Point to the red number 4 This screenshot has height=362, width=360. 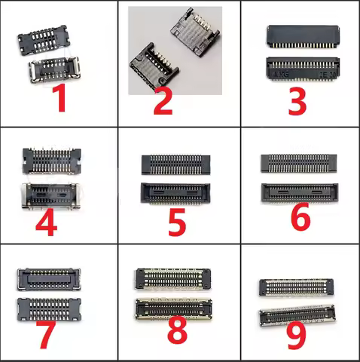pos(47,222)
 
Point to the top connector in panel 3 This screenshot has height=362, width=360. pos(301,35)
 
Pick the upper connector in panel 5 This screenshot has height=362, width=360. pos(176,164)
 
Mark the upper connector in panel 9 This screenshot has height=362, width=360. pos(295,287)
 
